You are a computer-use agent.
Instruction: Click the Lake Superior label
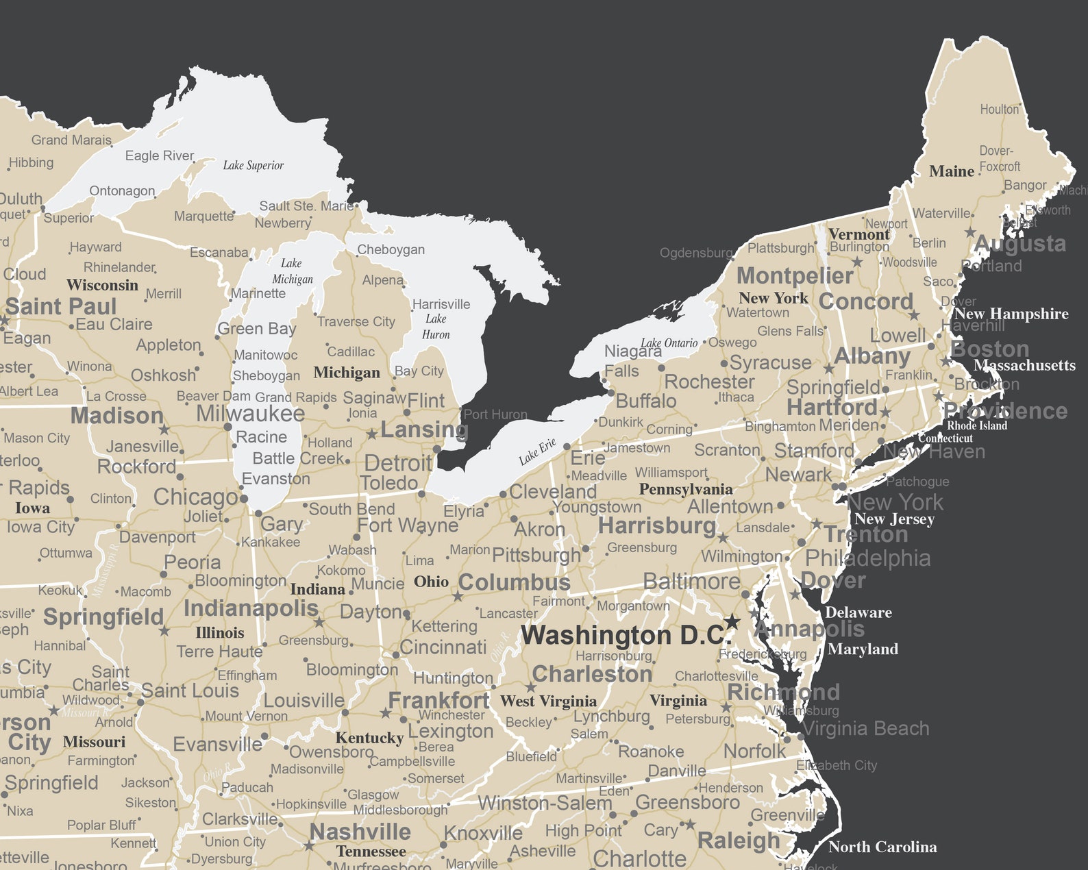(x=253, y=165)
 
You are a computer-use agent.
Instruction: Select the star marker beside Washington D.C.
(x=732, y=621)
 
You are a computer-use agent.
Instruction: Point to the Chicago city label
(x=195, y=497)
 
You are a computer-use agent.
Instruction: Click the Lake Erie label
(x=537, y=451)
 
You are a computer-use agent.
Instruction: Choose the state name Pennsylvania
(x=685, y=489)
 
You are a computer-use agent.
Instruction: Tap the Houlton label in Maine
(x=999, y=110)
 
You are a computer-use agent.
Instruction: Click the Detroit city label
(x=397, y=462)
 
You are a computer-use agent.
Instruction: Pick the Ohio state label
(x=431, y=582)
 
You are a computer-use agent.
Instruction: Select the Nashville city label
(x=360, y=832)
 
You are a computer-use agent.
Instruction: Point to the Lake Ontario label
(x=669, y=343)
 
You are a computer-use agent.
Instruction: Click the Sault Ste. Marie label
(x=306, y=206)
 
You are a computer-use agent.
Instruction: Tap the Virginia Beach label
(x=866, y=728)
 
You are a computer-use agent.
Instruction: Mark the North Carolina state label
(x=882, y=847)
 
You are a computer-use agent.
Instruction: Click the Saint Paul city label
(x=61, y=306)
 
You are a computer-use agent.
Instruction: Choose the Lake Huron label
(x=436, y=327)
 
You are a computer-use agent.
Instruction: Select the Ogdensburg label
(x=695, y=253)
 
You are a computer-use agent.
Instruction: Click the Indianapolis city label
(x=251, y=608)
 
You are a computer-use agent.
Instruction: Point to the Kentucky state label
(x=369, y=738)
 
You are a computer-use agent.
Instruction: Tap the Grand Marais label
(x=71, y=140)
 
